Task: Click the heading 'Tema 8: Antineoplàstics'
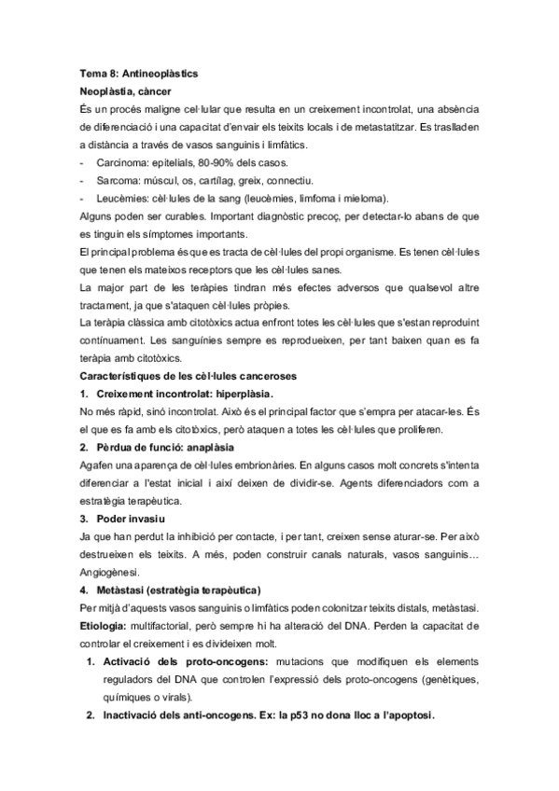click(145, 73)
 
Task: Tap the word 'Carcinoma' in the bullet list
click(120, 163)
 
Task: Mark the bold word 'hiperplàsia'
click(244, 394)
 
